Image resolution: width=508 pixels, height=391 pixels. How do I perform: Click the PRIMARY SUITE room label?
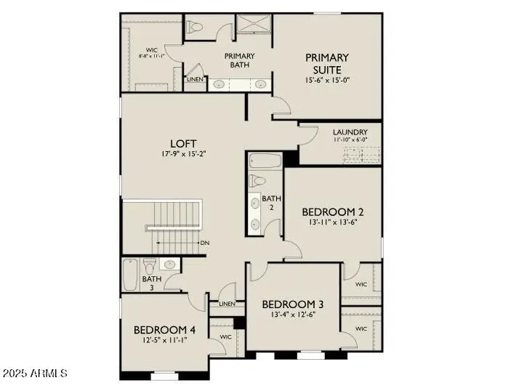[326, 63]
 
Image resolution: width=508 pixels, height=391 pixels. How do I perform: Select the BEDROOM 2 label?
[332, 212]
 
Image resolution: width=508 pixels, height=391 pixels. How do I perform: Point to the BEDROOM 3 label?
[293, 304]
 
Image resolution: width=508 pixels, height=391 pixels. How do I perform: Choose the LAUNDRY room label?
[350, 132]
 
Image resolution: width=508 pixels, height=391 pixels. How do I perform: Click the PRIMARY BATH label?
[238, 60]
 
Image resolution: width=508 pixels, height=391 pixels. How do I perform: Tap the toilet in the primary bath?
[195, 28]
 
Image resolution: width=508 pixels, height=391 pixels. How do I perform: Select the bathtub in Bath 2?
[263, 160]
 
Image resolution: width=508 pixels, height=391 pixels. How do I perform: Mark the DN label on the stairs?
[205, 243]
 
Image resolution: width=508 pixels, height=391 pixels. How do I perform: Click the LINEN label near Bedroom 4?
[227, 304]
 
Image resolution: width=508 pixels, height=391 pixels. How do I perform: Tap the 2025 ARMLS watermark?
[34, 374]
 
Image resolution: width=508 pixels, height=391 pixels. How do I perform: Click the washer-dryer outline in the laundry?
[361, 155]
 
